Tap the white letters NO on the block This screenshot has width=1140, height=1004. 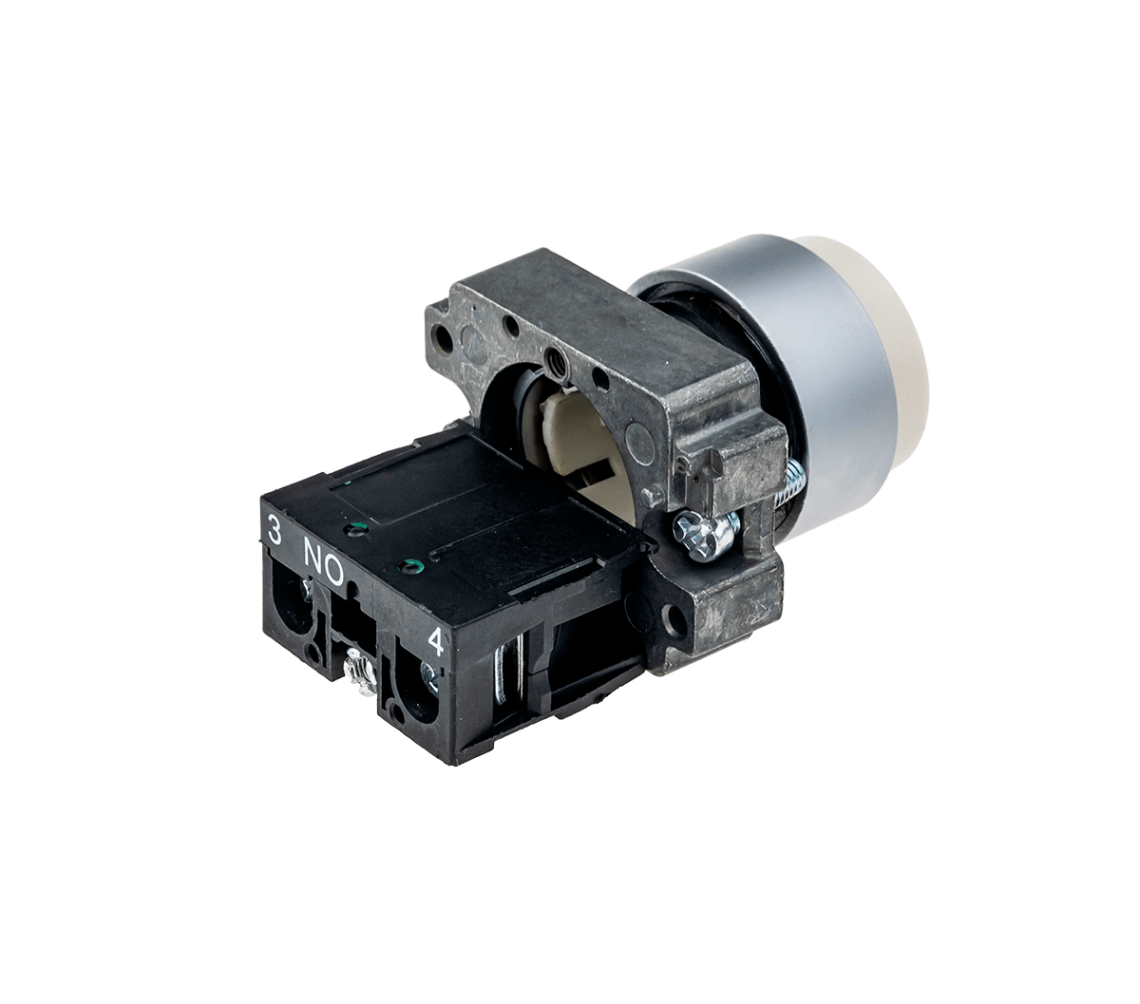pyautogui.click(x=323, y=559)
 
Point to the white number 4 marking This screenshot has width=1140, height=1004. pyautogui.click(x=435, y=641)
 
